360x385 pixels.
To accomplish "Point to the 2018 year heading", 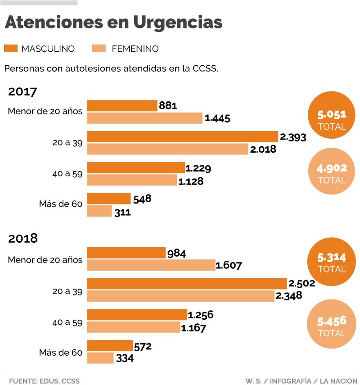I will (22, 238).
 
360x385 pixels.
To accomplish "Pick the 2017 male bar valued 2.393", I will (182, 136).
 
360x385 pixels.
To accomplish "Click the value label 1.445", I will (217, 118).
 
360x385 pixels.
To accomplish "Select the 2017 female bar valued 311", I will (99, 211).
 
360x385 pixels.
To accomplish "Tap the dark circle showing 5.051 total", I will (332, 113).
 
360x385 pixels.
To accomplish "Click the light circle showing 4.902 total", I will (332, 174).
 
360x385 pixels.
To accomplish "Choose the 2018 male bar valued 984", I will (126, 253).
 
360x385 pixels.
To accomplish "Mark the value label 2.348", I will (289, 296).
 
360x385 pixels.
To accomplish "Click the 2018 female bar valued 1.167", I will (133, 327).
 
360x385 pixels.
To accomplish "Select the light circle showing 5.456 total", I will (332, 326).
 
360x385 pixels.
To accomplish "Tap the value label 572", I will (143, 346).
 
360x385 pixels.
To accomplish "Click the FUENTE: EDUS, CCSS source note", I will (44, 380).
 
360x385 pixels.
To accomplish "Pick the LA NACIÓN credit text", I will (338, 380).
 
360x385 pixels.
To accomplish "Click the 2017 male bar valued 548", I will (108, 199).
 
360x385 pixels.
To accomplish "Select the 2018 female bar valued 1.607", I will (151, 265).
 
